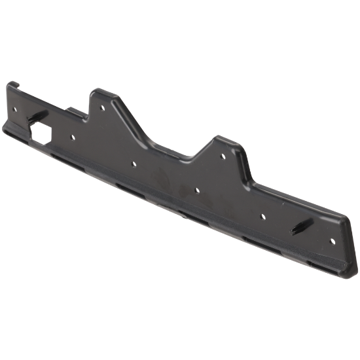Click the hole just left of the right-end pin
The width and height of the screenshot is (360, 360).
[x=262, y=215]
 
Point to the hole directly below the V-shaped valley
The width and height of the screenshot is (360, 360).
[x=196, y=189]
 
